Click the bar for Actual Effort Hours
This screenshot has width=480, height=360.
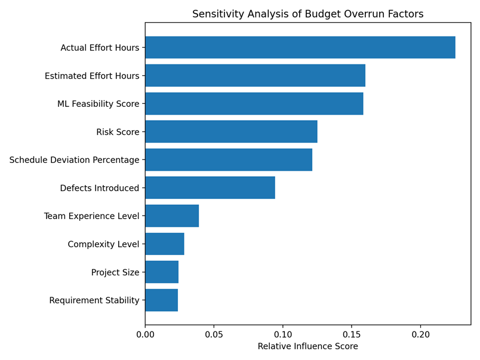[300, 47]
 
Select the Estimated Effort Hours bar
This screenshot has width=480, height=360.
[256, 75]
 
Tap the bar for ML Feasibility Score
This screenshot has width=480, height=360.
[254, 103]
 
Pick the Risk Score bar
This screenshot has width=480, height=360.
[232, 131]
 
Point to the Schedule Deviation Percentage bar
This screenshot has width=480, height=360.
[229, 159]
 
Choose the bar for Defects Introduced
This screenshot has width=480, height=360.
[210, 187]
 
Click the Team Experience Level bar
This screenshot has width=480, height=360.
[172, 216]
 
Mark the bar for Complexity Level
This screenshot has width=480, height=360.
[165, 244]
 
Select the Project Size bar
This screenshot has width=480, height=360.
[162, 272]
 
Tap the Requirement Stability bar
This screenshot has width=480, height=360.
[162, 300]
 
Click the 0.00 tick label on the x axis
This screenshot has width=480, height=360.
[145, 334]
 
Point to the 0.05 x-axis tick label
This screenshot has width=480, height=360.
[214, 334]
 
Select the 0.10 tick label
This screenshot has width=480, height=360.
[283, 334]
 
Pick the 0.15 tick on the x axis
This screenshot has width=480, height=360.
[352, 334]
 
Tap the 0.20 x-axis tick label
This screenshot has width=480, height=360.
[421, 334]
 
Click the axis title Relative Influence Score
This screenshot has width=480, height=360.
[308, 346]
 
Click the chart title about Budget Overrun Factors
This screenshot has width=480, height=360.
[308, 14]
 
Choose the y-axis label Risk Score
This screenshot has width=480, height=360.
[118, 132]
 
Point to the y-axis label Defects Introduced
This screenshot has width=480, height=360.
[100, 188]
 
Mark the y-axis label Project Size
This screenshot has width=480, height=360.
[115, 272]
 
